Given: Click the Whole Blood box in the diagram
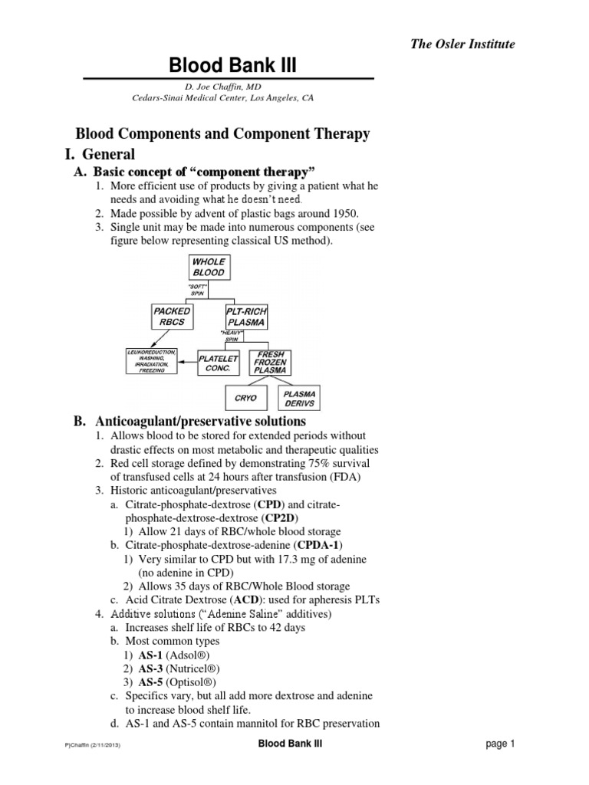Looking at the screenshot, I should pos(209,267).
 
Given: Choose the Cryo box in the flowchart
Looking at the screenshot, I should pos(245,399).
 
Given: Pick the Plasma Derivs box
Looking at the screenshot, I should pos(299,399).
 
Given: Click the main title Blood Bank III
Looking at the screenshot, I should pos(228,68).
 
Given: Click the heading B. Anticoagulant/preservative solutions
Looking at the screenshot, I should pos(189,422).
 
